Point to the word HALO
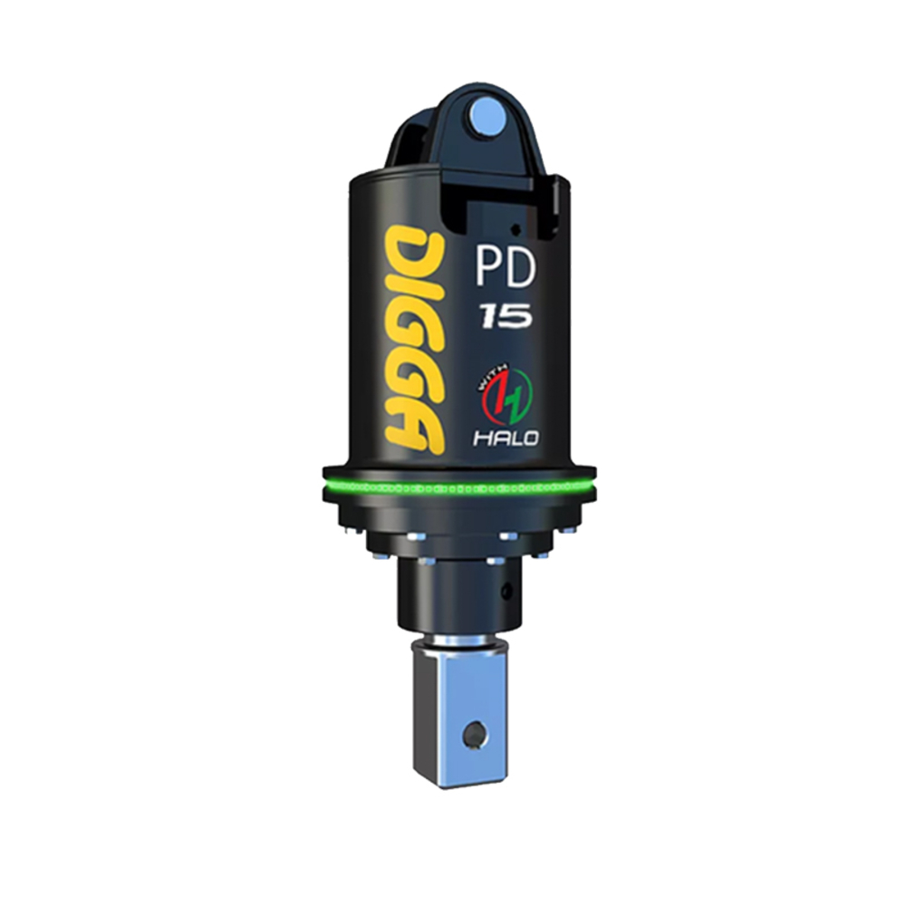coord(506,438)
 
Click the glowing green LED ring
coord(458,487)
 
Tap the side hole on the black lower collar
coord(506,593)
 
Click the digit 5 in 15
coord(517,315)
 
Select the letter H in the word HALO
coord(481,439)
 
